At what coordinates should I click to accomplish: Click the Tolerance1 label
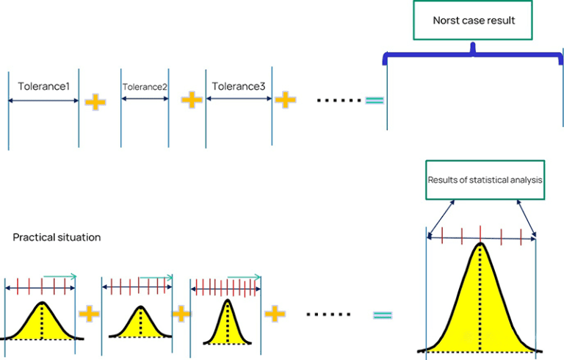[x=44, y=87]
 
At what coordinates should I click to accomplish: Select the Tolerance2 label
[x=145, y=87]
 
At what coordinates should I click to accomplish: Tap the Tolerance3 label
[x=239, y=87]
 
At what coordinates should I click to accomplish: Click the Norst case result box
[x=474, y=20]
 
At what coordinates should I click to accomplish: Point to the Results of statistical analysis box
[x=485, y=180]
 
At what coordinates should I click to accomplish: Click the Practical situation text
[x=57, y=237]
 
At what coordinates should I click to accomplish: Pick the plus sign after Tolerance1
[x=95, y=101]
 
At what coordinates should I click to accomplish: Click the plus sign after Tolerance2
[x=192, y=100]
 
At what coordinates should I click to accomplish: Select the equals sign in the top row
[x=375, y=100]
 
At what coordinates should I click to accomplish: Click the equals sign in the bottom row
[x=382, y=315]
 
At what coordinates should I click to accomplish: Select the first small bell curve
[x=42, y=323]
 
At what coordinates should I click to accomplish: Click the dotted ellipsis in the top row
[x=334, y=99]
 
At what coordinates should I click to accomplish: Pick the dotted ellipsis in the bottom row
[x=328, y=314]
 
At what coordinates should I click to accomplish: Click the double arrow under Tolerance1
[x=43, y=101]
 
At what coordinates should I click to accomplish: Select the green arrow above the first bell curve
[x=59, y=277]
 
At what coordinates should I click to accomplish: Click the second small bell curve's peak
[x=140, y=307]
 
